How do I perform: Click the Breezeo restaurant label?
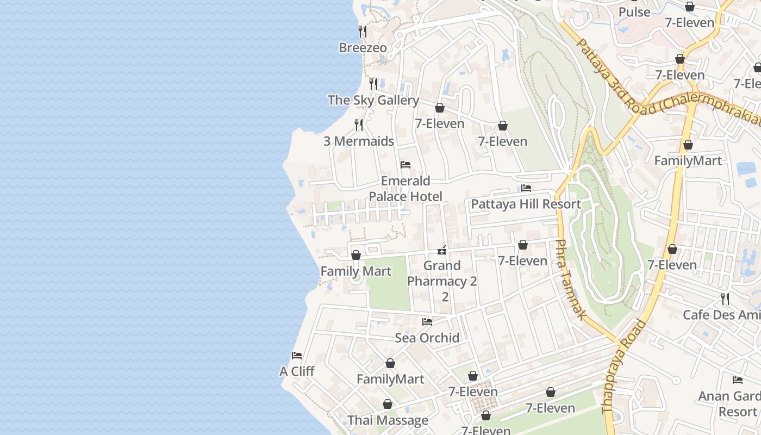point(363,48)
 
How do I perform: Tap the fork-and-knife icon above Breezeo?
point(363,32)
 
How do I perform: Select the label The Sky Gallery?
point(373,100)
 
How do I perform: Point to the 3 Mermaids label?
point(358,141)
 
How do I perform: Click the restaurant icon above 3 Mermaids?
point(359,125)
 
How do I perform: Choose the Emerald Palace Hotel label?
point(406,189)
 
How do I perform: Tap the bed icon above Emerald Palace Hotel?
point(406,165)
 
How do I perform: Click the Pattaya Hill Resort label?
point(526,204)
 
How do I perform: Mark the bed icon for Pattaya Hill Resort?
point(526,188)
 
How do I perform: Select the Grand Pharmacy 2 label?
point(442,274)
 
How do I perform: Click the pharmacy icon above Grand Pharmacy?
point(442,250)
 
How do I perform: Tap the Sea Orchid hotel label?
point(427,338)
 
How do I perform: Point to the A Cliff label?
point(297,371)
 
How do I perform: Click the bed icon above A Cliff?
point(297,356)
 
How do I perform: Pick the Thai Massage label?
point(388,420)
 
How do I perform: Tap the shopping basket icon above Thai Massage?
point(388,405)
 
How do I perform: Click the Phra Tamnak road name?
point(570,279)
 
